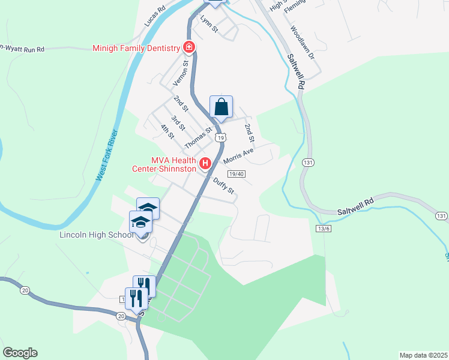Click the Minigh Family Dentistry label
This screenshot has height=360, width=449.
coord(136,48)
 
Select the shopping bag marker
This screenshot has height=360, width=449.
coord(221,107)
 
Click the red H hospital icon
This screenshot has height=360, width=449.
coord(205,163)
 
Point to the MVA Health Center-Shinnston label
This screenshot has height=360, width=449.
coord(164,164)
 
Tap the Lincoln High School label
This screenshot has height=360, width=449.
coord(96,235)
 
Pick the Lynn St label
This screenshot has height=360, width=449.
coord(209,25)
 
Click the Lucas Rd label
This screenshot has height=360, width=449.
coord(154,17)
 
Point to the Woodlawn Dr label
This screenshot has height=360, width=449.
coord(302,41)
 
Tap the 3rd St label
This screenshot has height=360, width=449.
coord(178,123)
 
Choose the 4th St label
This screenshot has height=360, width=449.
coord(167,131)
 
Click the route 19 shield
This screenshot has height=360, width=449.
coord(221,138)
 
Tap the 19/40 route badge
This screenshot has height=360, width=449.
coord(237,174)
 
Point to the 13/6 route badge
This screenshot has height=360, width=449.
coord(323,229)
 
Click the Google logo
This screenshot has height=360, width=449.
coord(20,353)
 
